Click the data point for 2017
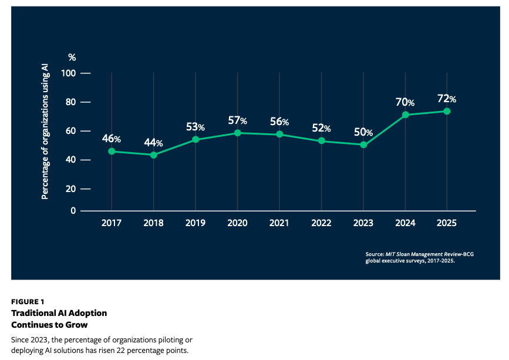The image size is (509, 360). [x=112, y=152]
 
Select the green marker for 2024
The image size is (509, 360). [x=405, y=115]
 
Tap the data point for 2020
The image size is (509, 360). [x=237, y=133]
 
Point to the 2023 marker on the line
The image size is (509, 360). [x=363, y=144]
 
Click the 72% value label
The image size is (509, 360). [x=447, y=99]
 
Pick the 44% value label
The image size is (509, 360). [x=153, y=143]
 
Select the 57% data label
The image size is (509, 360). [x=237, y=121]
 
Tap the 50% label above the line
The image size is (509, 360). [x=363, y=132]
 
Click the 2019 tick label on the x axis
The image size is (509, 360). [x=195, y=223]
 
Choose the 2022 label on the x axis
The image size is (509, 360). [x=321, y=223]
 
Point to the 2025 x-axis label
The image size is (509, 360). [x=447, y=223]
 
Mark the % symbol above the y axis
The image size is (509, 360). [x=72, y=58]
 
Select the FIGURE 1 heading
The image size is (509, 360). [x=28, y=302]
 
